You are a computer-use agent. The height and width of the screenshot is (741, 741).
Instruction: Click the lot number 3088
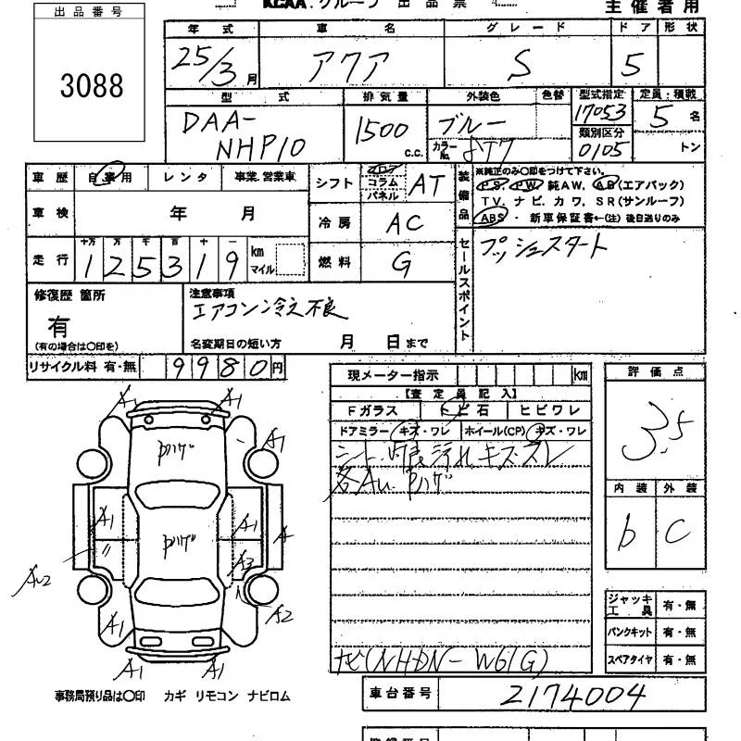tap(92, 85)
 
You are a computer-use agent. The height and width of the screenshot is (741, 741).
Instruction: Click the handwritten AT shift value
tap(426, 185)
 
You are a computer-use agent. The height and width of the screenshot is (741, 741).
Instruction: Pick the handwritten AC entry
tap(405, 223)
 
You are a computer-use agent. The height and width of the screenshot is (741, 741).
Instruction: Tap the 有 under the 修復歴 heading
tap(58, 326)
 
